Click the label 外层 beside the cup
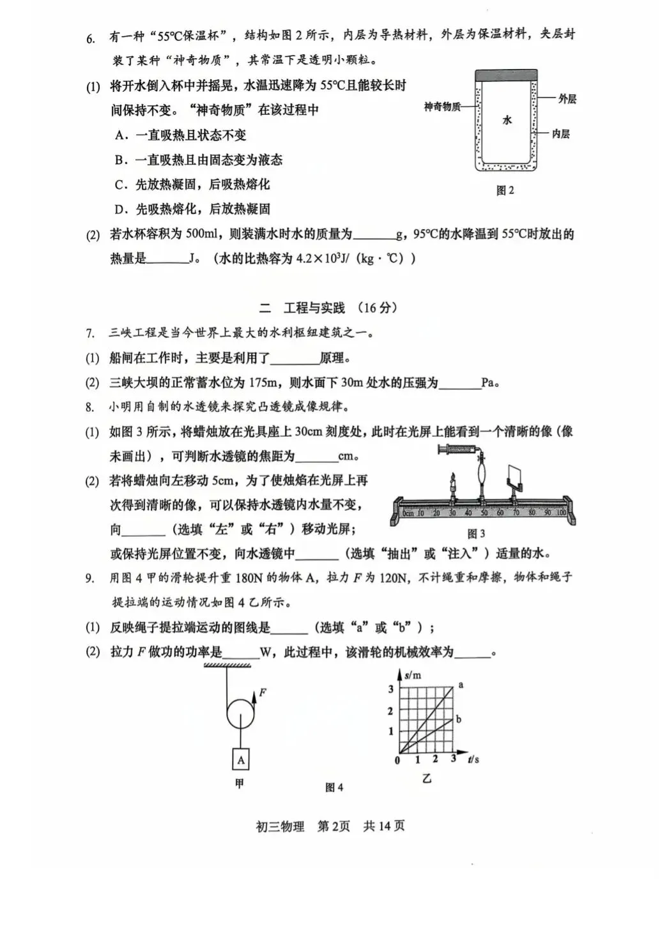point(567,98)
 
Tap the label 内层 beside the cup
point(560,133)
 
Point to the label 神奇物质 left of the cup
point(442,107)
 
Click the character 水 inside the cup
point(507,119)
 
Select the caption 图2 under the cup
point(505,190)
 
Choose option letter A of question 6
point(120,135)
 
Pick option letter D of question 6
point(120,209)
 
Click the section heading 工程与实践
point(314,308)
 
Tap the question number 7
point(90,333)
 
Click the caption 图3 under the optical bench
point(476,533)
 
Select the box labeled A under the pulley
point(240,760)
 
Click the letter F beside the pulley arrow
point(263,692)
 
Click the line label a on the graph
point(461,685)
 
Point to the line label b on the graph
point(459,720)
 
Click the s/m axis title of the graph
point(412,674)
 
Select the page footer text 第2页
point(334,826)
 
